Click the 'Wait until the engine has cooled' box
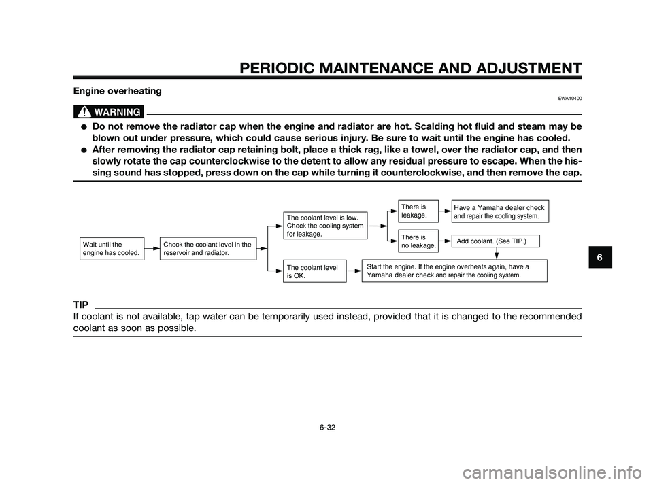[x=112, y=248]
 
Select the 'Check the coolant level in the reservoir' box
[x=207, y=248]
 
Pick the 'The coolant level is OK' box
[x=315, y=272]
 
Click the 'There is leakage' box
[x=418, y=210]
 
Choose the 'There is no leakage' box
[x=418, y=241]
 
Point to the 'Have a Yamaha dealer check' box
[x=500, y=211]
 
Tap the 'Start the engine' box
[x=454, y=271]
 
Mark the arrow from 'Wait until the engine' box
[x=152, y=249]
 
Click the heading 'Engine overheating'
[x=116, y=90]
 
